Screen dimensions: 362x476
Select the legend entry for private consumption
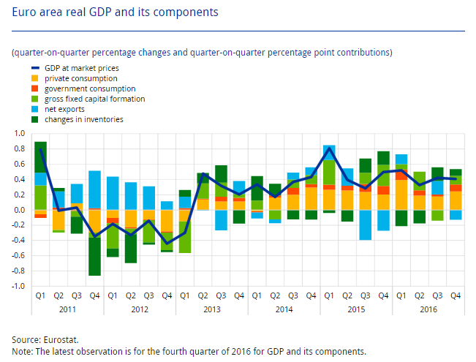pos(80,78)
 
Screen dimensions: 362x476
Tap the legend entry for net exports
pos(64,109)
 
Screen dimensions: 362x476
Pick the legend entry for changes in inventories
pos(83,119)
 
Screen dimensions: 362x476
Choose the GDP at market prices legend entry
pos(81,68)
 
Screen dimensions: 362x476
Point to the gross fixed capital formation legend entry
pos(94,99)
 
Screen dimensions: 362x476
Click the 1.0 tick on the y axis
pos(19,134)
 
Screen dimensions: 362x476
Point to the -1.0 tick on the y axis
pos(18,286)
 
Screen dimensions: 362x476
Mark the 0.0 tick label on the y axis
pos(19,210)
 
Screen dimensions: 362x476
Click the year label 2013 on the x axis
pos(211,310)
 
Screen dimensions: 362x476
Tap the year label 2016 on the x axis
pos(428,310)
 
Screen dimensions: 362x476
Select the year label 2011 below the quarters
pos(67,310)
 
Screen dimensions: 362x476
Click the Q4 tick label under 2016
pos(455,296)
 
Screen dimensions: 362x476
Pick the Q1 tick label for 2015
pos(329,296)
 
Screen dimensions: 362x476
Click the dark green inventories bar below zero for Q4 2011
pos(94,257)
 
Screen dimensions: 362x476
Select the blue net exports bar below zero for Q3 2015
pos(365,225)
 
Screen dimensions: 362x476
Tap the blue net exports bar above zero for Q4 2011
pos(94,189)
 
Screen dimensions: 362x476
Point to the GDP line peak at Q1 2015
pos(329,149)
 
